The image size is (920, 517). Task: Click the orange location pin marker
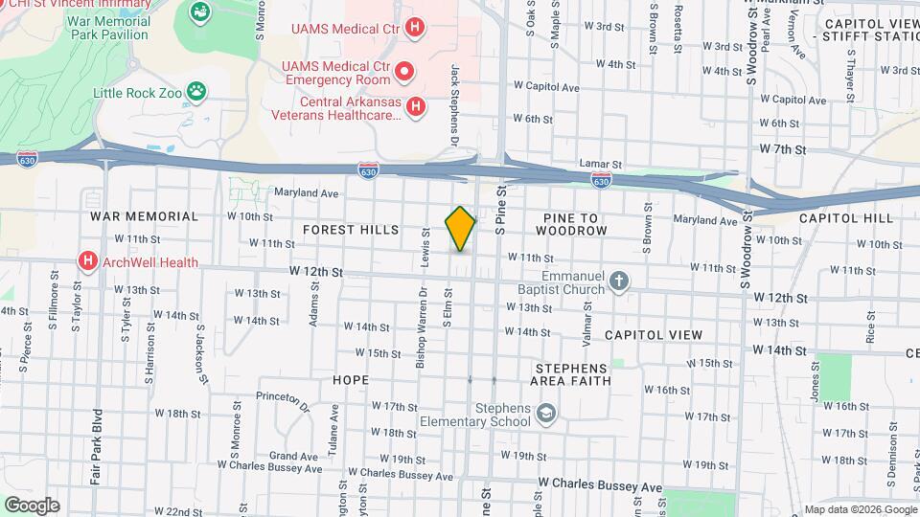point(460,229)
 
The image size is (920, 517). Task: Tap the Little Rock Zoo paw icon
point(196,92)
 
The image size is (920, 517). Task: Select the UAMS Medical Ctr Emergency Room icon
point(404,71)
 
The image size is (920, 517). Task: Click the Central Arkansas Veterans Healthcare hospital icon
point(415,107)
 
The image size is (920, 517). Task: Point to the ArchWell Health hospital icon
point(88,261)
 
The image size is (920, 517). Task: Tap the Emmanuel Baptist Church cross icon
point(620,281)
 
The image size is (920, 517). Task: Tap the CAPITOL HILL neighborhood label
point(846,218)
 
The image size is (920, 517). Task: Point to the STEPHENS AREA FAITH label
point(571,374)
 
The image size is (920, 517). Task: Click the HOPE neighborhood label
point(350,380)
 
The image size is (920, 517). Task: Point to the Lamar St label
point(600,164)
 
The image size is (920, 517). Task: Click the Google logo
point(32,505)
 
